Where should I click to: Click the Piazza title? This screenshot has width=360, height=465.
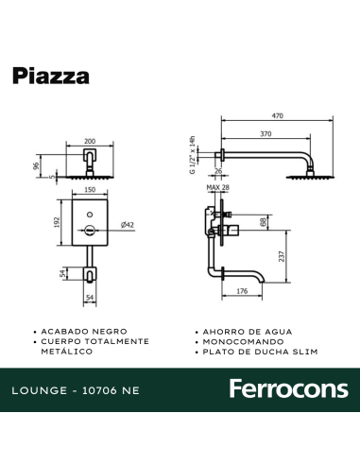click(52, 76)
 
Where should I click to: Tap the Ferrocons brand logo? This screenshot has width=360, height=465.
click(289, 389)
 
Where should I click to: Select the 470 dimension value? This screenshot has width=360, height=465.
click(277, 115)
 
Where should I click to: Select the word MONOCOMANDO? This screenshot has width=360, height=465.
click(239, 341)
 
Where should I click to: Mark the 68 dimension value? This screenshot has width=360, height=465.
click(261, 223)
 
